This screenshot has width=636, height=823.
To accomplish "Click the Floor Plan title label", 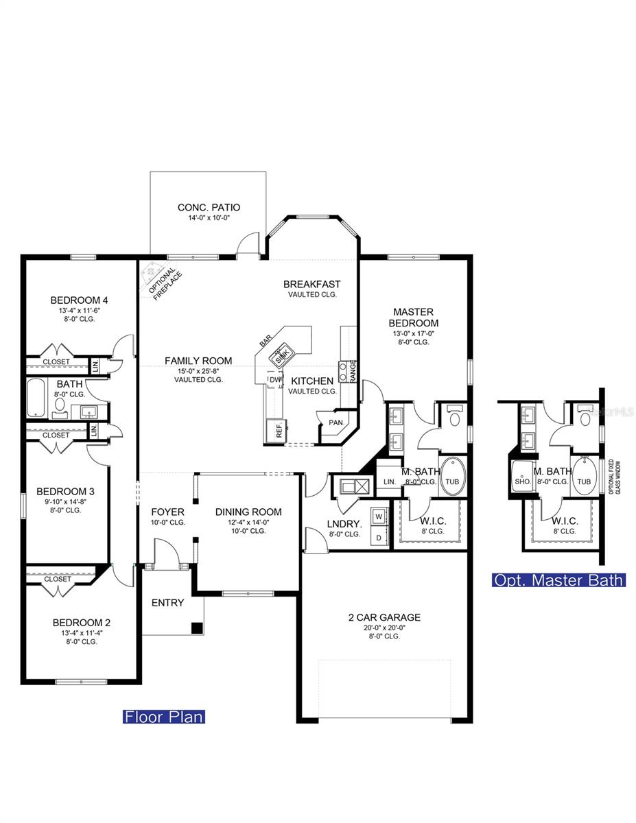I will click(163, 717).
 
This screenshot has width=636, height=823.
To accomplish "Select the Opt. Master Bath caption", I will click(558, 580).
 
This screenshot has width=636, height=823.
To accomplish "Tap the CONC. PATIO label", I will click(209, 207).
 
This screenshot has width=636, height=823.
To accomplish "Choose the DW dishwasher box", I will click(274, 380).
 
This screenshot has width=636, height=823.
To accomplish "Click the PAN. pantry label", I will click(336, 422).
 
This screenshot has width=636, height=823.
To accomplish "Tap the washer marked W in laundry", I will click(377, 515).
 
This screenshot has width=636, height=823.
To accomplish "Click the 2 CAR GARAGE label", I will click(384, 617).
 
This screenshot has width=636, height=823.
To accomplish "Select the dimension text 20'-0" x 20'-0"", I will click(384, 628).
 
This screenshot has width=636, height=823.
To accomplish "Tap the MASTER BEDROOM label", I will click(413, 318).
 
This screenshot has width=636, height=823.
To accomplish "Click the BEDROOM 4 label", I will click(79, 300).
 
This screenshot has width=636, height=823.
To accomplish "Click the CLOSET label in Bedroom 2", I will click(58, 579).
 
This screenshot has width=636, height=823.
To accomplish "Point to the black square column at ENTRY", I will click(197, 627).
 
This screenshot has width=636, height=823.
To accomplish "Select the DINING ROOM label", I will click(248, 512).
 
